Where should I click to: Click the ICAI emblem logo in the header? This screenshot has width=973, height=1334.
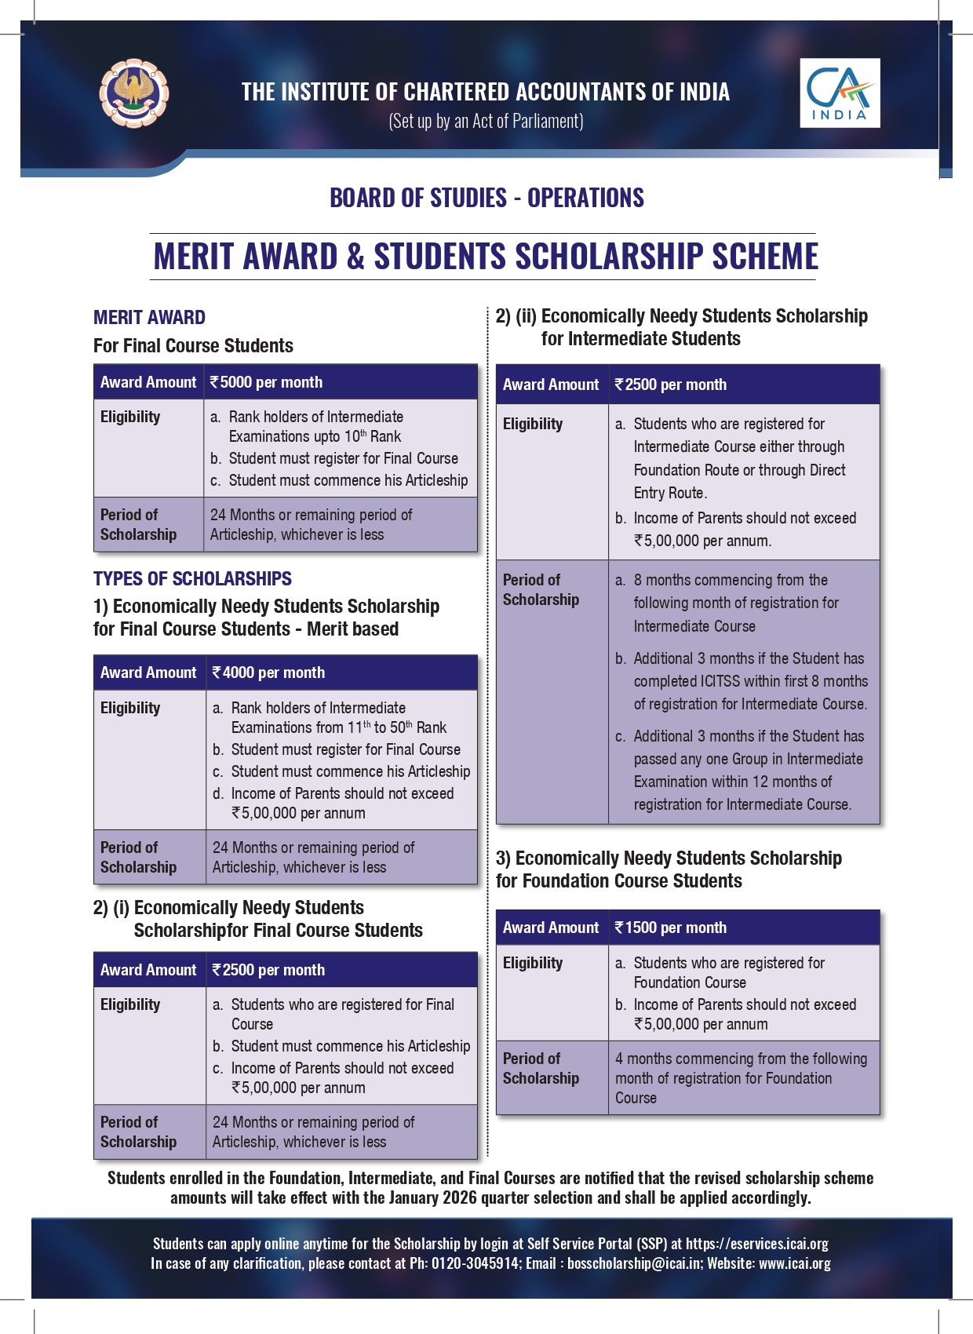tap(133, 93)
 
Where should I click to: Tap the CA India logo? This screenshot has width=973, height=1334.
tap(840, 93)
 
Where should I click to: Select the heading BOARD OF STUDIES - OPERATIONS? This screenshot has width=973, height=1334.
tap(486, 198)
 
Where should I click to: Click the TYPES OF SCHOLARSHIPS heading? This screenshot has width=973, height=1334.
tap(192, 579)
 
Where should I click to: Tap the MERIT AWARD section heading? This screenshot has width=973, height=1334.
tap(149, 318)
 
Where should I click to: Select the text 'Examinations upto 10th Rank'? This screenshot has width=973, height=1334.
tap(315, 436)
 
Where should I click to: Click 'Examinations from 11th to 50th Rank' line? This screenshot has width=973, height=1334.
tap(338, 727)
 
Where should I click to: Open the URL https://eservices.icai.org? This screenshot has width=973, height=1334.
tap(756, 1244)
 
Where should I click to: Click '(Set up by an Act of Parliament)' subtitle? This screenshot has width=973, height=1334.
tap(486, 122)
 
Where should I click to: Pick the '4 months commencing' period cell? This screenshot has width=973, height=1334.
tap(741, 1077)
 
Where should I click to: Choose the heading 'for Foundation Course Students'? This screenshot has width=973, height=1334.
tap(618, 881)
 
